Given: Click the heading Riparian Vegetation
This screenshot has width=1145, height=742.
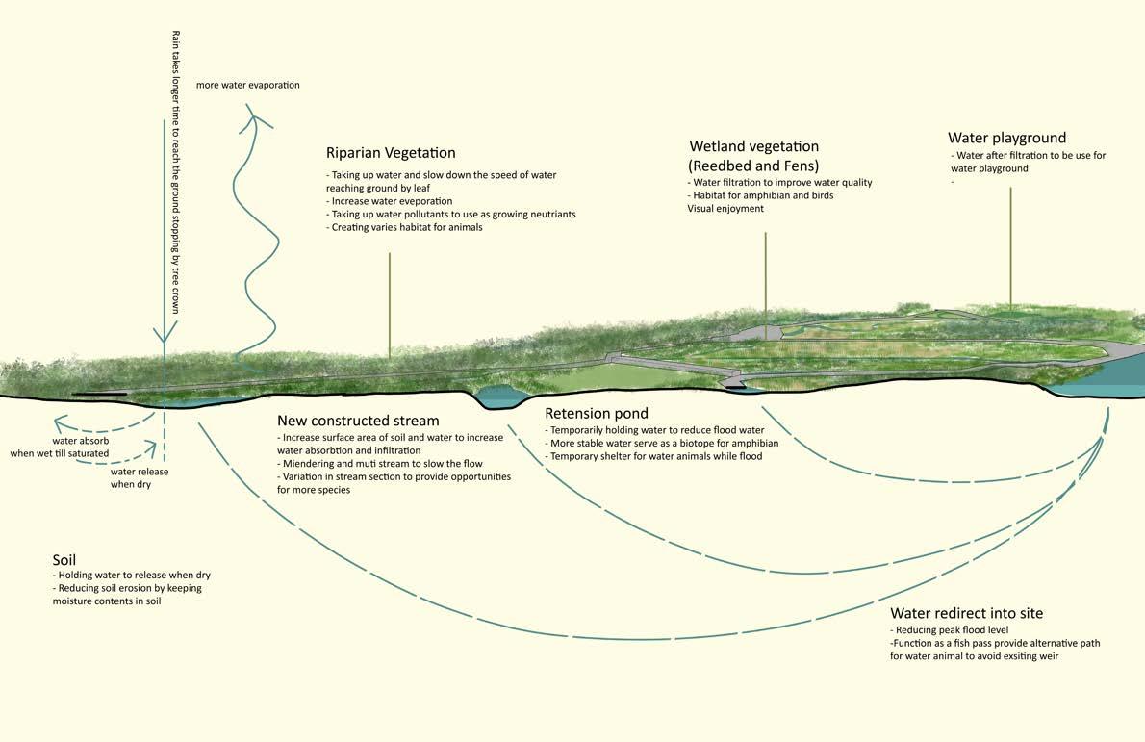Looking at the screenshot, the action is coord(391,153).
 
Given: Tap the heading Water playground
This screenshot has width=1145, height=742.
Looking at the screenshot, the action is coord(1006,139).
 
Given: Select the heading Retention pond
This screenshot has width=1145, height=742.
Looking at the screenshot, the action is coord(597,414).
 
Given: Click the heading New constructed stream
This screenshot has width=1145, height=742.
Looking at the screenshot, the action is coord(358,421).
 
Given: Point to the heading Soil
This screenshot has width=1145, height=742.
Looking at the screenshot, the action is coord(64,559).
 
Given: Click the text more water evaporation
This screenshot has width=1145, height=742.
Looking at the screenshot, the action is coord(248,85).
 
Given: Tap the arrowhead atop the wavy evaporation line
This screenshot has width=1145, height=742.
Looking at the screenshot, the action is coord(255,118).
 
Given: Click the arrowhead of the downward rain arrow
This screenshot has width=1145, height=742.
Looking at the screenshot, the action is coord(165,336).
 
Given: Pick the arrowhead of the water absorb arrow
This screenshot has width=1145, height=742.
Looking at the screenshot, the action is coord(60,421).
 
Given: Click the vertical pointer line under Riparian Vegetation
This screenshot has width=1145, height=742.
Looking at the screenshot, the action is coord(390,304).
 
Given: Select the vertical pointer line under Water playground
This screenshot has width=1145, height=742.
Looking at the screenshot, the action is coord(1010,244).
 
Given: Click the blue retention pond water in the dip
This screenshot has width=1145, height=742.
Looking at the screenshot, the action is coord(498,394).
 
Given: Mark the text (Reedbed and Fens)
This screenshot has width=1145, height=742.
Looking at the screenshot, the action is coord(752,165).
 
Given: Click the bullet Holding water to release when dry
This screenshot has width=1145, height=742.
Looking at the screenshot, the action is coord(132,576).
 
